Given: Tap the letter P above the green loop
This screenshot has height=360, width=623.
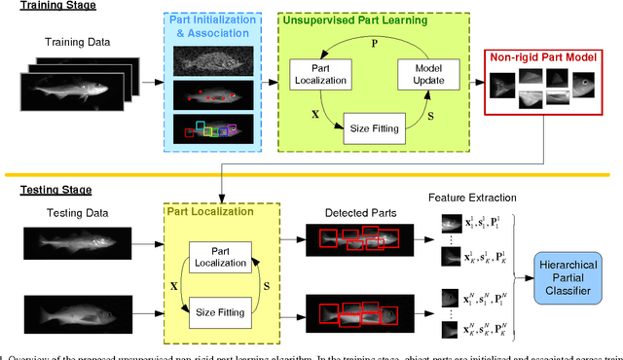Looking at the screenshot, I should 375,42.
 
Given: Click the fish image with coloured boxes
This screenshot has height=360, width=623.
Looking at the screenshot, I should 213,129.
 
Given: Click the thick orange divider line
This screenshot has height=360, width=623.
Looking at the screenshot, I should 311,176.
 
